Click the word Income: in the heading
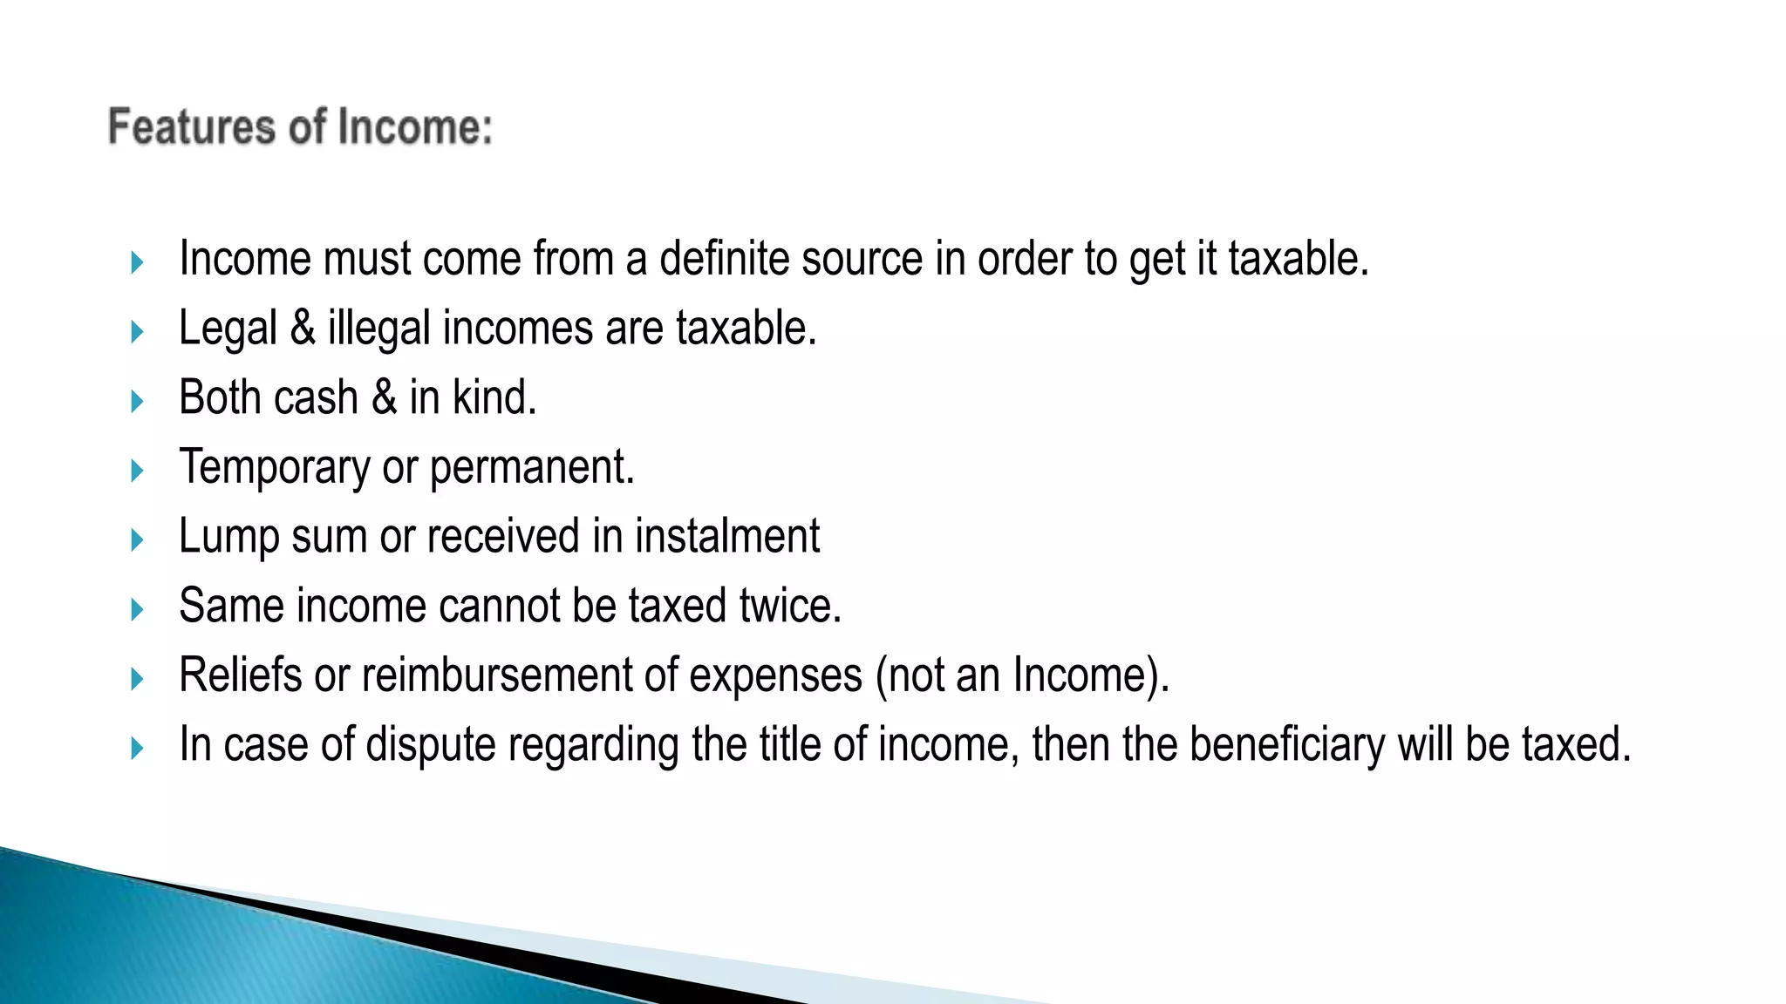click(x=415, y=127)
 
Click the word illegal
click(x=379, y=329)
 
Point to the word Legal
click(x=228, y=329)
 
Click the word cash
click(x=317, y=397)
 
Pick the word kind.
click(x=494, y=397)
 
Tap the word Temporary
click(x=274, y=468)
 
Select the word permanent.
click(x=532, y=468)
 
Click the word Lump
click(x=228, y=537)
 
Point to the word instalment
click(x=726, y=536)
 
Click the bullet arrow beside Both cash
click(x=136, y=401)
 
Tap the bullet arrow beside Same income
click(x=136, y=609)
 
